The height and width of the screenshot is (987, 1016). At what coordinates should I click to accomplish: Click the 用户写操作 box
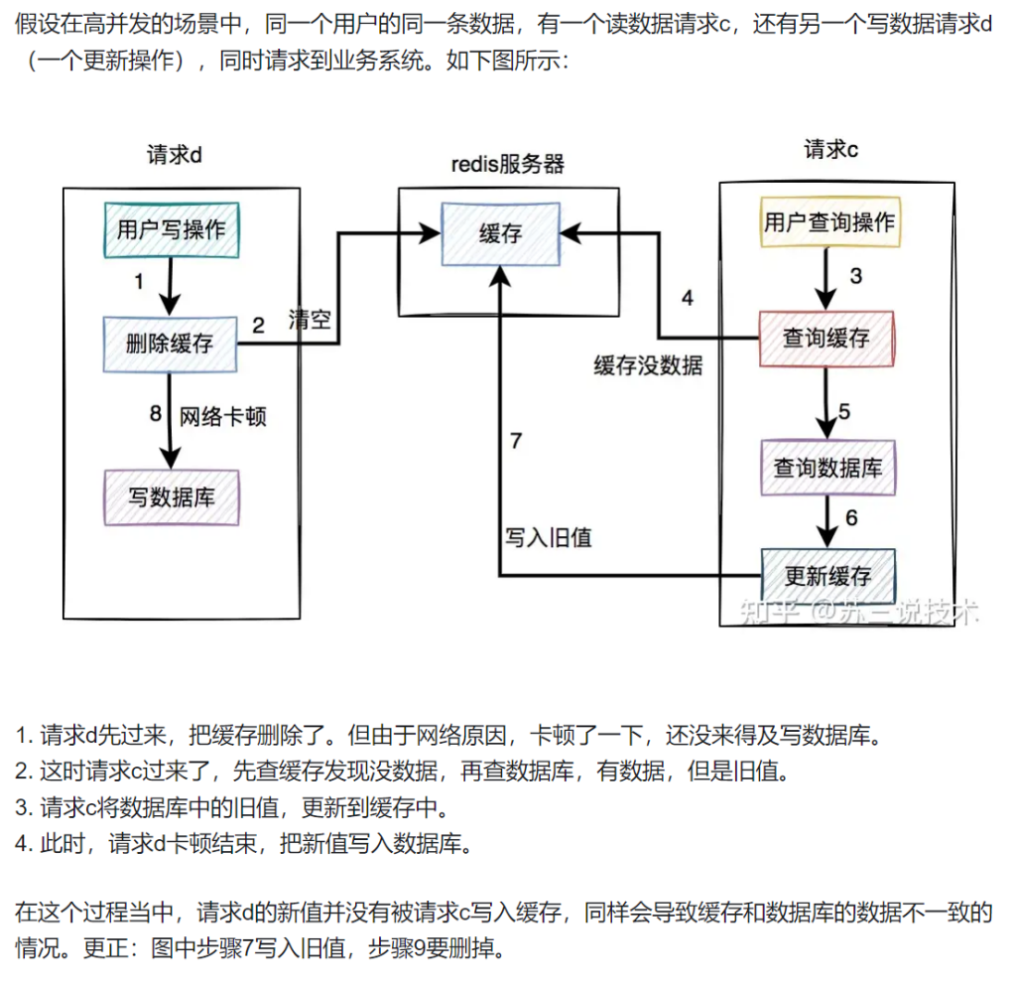pos(172,229)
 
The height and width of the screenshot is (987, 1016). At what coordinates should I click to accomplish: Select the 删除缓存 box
pos(172,344)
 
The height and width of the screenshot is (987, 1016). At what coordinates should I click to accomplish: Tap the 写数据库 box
pos(172,496)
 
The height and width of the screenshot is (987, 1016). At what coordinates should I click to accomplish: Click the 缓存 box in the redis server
pos(499,234)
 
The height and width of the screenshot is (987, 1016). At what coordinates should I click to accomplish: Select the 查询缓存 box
pos(826,338)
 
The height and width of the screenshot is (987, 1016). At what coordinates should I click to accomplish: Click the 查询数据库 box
pos(826,466)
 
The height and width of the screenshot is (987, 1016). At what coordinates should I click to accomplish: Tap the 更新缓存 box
pos(826,575)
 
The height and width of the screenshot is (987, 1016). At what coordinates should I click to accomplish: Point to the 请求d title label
pos(175,155)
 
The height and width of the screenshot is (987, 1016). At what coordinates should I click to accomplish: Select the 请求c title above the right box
pos(830,150)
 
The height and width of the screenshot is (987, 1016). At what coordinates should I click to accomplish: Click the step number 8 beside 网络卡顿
pos(155,414)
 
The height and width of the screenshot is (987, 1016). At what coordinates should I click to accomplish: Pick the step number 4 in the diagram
pos(687,297)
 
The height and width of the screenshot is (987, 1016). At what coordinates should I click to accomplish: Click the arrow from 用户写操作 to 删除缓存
pos(172,286)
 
